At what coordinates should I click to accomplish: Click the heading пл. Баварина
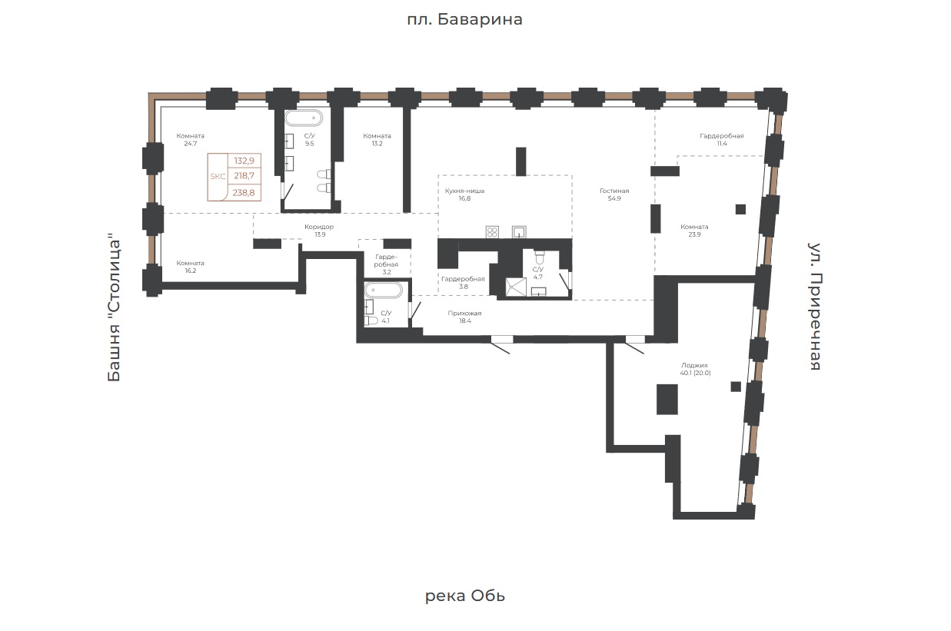click(x=464, y=19)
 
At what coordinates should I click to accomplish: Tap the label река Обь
click(x=465, y=596)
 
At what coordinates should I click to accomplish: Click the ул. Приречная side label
click(x=814, y=307)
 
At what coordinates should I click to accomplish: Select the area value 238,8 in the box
click(x=244, y=193)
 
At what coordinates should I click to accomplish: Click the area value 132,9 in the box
click(x=244, y=161)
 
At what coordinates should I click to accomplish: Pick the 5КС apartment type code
click(x=218, y=177)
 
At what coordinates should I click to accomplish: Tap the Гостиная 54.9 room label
click(x=614, y=194)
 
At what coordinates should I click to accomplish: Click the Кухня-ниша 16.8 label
click(x=464, y=194)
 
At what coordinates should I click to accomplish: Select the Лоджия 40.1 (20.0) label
click(x=694, y=369)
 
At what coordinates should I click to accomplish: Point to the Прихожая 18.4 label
click(x=465, y=317)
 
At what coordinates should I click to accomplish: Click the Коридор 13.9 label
click(x=319, y=231)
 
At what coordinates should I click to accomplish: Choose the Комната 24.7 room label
click(x=190, y=140)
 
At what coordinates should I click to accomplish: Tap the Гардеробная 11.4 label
click(x=722, y=140)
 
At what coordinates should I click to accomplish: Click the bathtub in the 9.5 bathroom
click(x=303, y=118)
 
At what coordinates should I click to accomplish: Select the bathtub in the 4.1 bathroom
click(x=384, y=291)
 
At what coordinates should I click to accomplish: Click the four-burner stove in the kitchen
click(x=492, y=232)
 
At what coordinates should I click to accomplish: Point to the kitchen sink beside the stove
click(x=519, y=232)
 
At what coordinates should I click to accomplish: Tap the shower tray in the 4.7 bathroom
click(x=516, y=287)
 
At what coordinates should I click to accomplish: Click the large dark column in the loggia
click(x=667, y=400)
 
